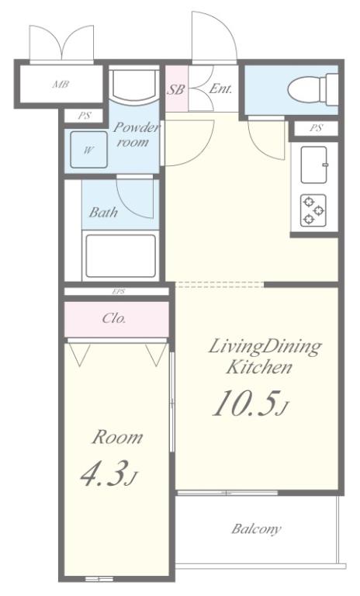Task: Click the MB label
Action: click(x=61, y=84)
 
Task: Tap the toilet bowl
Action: click(x=313, y=90)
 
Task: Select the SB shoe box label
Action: click(x=176, y=89)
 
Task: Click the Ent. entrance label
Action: click(x=220, y=89)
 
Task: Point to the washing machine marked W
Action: click(x=88, y=150)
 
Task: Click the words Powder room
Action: click(x=135, y=134)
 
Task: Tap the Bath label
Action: click(x=103, y=212)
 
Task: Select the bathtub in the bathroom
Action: click(x=120, y=256)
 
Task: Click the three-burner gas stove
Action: click(x=313, y=210)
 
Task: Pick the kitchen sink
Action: click(x=314, y=165)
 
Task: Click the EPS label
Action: click(x=119, y=292)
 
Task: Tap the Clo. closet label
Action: click(x=114, y=317)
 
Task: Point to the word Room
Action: click(x=117, y=437)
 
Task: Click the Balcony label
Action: click(x=257, y=528)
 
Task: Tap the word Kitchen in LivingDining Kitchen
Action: click(x=259, y=367)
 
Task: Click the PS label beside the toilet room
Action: click(x=316, y=128)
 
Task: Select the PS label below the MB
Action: click(x=85, y=116)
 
